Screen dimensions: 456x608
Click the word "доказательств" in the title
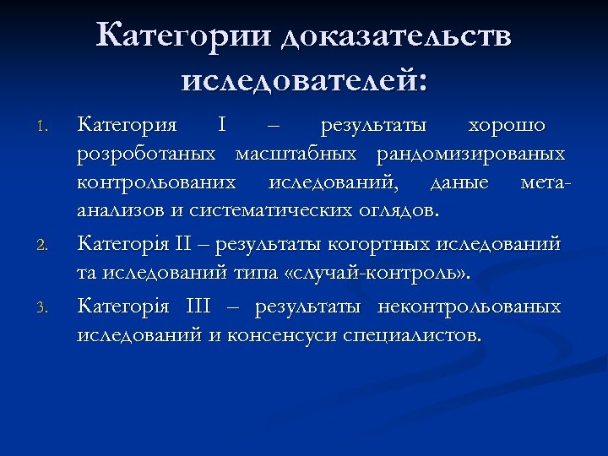(396, 37)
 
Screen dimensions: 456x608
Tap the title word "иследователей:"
(304, 81)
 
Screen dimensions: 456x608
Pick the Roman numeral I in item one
(221, 126)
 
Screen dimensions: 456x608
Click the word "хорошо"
(508, 126)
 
